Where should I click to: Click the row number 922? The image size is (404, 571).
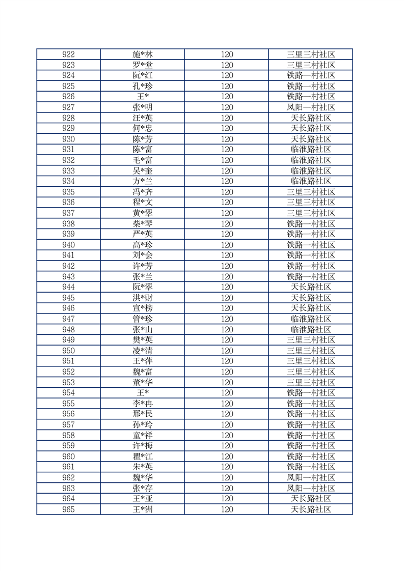[68, 54]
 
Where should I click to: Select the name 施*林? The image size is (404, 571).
[143, 54]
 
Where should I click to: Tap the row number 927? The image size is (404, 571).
[68, 107]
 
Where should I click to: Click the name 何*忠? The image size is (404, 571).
[143, 128]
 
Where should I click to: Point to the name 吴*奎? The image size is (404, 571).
[143, 171]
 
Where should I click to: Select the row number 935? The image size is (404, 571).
[68, 192]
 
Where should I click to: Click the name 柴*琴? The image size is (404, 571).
[143, 224]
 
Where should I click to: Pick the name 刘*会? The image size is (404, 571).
[143, 255]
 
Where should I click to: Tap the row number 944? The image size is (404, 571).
[68, 287]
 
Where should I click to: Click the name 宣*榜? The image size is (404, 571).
[143, 308]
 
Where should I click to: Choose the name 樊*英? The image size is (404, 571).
[143, 340]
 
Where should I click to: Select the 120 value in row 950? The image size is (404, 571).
[227, 351]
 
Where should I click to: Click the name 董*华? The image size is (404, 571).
[143, 382]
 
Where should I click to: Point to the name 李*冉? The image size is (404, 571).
[143, 404]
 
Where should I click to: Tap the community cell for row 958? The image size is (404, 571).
[311, 435]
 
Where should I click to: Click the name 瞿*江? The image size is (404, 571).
[143, 456]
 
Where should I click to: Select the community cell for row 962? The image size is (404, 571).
[311, 477]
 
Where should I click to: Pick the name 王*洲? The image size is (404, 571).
[143, 509]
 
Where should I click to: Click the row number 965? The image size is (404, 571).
[68, 509]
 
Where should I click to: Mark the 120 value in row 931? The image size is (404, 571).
[227, 150]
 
